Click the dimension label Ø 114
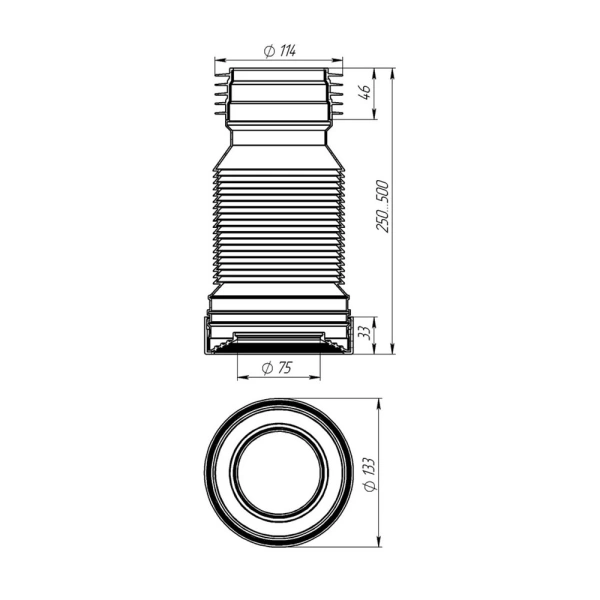point(280,51)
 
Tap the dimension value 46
point(366,92)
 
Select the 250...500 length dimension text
point(382,206)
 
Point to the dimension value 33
point(367,333)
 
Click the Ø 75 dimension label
point(277,368)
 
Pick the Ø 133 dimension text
point(370,474)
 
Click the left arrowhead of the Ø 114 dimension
point(219,60)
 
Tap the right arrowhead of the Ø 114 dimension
point(338,60)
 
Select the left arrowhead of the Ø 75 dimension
point(243,378)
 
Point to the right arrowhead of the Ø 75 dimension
point(315,378)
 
